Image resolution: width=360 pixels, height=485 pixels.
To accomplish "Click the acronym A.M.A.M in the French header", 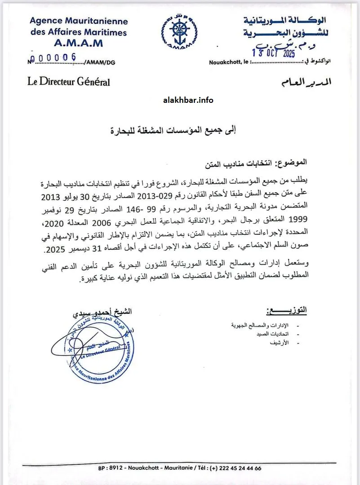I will coord(79,43).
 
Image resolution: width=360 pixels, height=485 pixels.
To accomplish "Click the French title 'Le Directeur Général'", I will coord(68,82).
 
